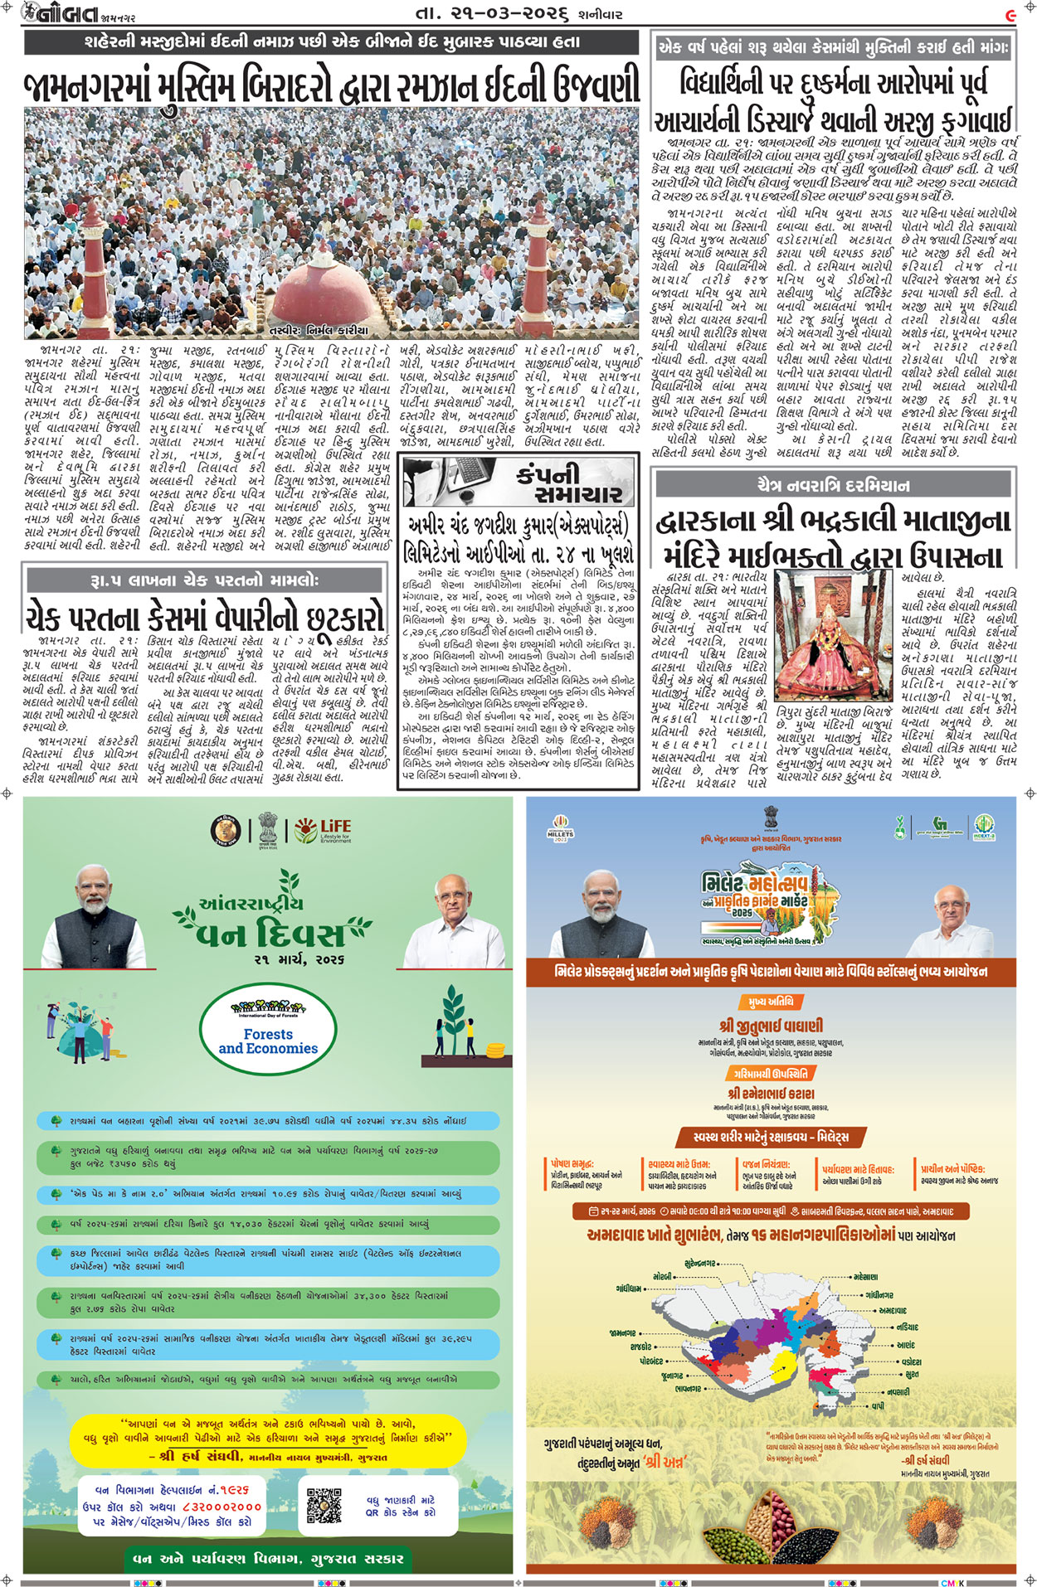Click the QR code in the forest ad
click(324, 1505)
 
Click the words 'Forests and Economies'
click(268, 1041)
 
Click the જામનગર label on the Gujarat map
click(622, 1333)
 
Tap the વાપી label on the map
click(877, 1406)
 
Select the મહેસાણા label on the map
click(865, 1277)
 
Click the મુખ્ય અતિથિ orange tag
click(770, 1002)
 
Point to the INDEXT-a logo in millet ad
click(984, 827)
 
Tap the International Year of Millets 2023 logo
click(560, 830)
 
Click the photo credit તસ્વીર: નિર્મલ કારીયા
click(324, 330)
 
